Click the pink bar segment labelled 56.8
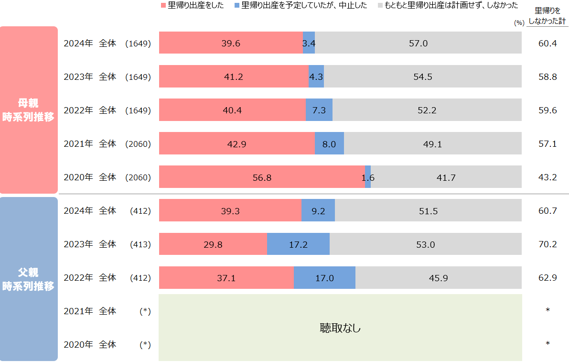point(262,177)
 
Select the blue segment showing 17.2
point(298,244)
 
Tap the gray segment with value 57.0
point(418,43)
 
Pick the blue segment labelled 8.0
point(329,143)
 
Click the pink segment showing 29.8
point(213,244)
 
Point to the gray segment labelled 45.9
point(438,277)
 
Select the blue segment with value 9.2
point(318,210)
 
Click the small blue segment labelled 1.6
point(368,177)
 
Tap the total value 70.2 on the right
point(548,244)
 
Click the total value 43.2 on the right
point(548,177)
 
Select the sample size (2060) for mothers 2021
point(138,143)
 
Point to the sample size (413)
point(140,244)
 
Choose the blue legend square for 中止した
point(237,6)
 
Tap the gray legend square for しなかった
point(380,6)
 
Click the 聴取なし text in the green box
point(340,328)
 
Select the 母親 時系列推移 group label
point(29,110)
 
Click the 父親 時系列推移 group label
point(29,279)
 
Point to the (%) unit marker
point(519,22)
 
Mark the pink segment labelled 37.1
point(226,277)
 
